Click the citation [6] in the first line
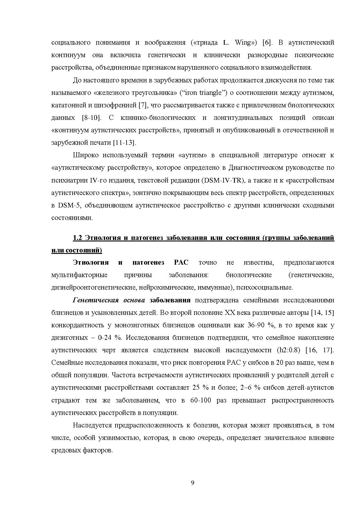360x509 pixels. tap(267, 43)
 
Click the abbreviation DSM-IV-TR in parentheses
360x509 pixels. tap(223, 181)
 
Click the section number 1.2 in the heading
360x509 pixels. tap(78, 238)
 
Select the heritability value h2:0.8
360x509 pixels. tap(288, 350)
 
